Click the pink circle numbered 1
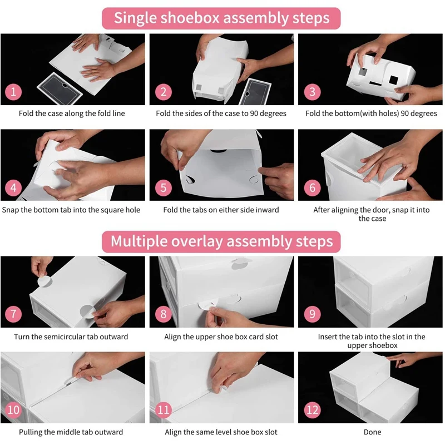click(x=13, y=92)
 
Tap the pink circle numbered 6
click(x=312, y=187)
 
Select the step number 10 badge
click(x=13, y=410)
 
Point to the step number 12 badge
click(x=312, y=410)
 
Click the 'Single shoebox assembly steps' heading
click(x=221, y=18)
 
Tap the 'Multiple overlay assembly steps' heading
click(x=221, y=241)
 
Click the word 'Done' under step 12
click(x=372, y=432)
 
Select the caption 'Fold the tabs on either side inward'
click(x=221, y=210)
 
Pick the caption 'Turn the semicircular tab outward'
click(x=71, y=337)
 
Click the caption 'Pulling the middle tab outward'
click(x=71, y=432)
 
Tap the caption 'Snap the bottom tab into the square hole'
click(x=71, y=210)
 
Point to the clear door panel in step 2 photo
click(x=255, y=92)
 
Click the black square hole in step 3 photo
click(x=393, y=80)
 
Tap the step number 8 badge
click(x=164, y=314)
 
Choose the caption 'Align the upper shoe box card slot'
click(x=221, y=337)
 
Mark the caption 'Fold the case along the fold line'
click(x=72, y=113)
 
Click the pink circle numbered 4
click(x=13, y=187)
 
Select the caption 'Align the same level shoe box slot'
click(x=221, y=432)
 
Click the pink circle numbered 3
click(x=312, y=92)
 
